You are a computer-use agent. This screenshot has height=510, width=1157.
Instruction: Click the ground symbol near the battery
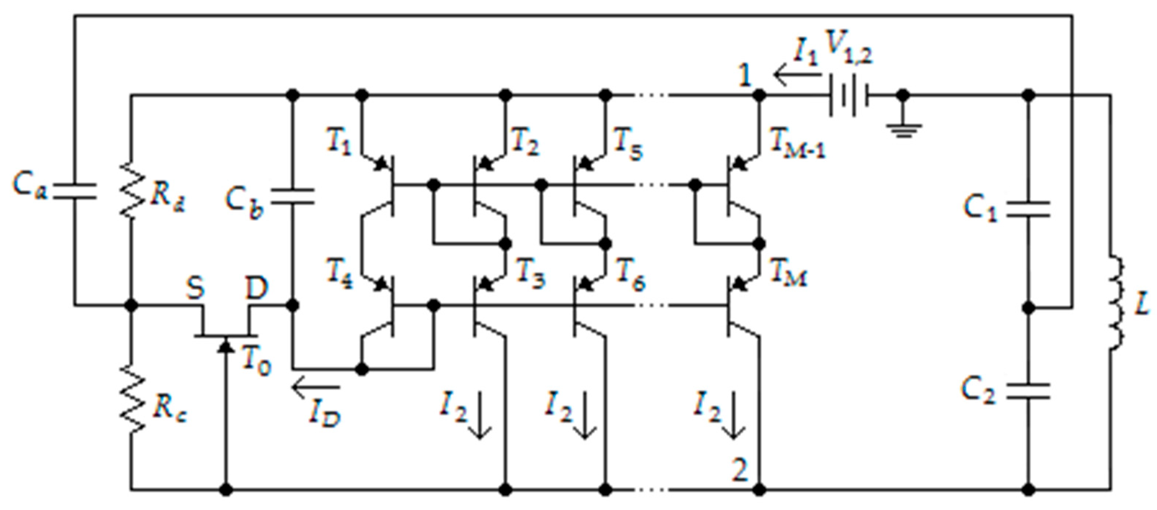tap(903, 130)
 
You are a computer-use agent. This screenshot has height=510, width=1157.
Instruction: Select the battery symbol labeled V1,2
tap(848, 95)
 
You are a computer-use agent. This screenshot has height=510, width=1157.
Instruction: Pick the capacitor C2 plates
tap(1028, 391)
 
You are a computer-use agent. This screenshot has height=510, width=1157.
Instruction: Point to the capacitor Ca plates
tap(75, 190)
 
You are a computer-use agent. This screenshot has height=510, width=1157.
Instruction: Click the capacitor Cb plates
tap(293, 197)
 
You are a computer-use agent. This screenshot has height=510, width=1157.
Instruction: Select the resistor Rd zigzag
tap(131, 190)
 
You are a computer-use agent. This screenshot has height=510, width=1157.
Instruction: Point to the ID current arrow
tap(315, 386)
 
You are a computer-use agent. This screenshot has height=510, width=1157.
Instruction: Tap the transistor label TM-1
tap(798, 144)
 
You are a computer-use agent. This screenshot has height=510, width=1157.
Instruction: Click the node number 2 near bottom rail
tap(740, 470)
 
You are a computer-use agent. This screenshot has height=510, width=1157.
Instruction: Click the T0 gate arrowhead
tap(226, 346)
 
